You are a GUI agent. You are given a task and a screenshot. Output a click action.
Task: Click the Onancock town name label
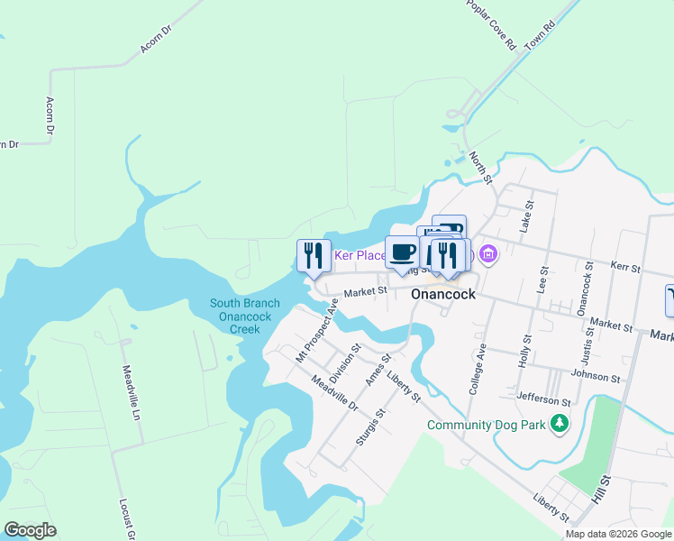443,294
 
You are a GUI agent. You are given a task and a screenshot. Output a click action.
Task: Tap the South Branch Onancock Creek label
244,316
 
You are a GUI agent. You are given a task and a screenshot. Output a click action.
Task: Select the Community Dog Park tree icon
560,423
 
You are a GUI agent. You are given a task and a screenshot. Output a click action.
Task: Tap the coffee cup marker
401,252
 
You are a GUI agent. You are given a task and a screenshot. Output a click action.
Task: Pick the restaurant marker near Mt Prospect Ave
310,255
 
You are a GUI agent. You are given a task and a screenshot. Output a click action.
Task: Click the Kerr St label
624,268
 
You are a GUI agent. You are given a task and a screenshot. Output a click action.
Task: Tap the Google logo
31,530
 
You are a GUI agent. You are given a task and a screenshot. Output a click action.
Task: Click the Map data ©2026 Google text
617,534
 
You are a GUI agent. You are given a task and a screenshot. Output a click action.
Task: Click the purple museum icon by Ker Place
488,255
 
